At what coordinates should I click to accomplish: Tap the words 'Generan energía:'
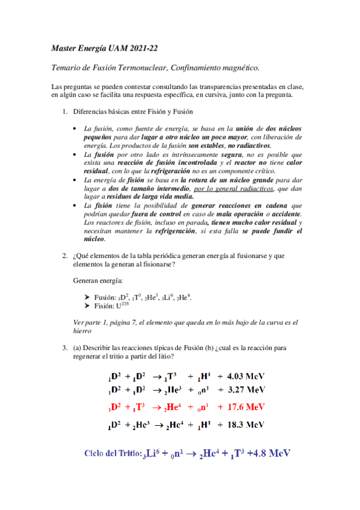pyautogui.click(x=96, y=281)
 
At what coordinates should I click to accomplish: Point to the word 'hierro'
pyautogui.click(x=82, y=331)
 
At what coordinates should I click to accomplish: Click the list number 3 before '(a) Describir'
pyautogui.click(x=65, y=348)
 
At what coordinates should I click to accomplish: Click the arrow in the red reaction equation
pyautogui.click(x=157, y=407)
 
